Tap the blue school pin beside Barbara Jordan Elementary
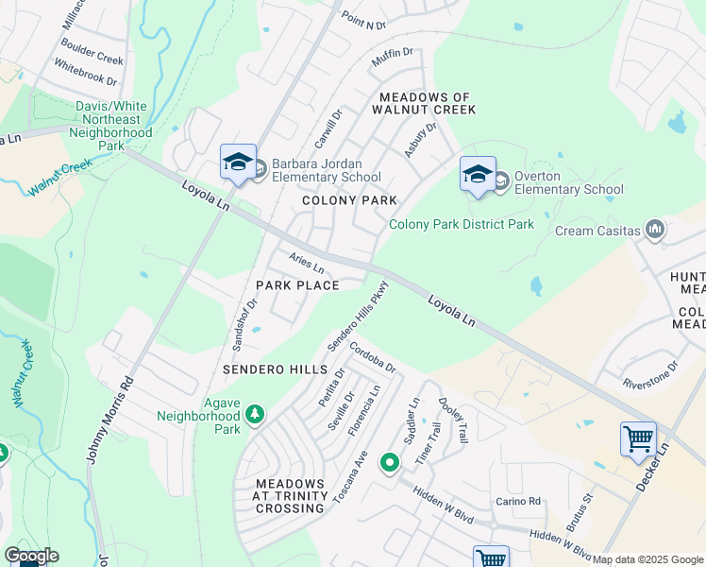tap(239, 163)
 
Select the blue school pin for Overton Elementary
tap(478, 175)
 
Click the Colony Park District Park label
tap(462, 224)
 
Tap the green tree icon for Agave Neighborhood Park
tap(254, 414)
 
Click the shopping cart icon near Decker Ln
tap(638, 439)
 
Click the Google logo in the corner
tap(30, 556)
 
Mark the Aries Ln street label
tap(307, 263)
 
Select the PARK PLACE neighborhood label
tap(296, 284)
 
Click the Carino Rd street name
tap(520, 501)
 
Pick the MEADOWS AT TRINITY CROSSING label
tap(291, 495)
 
